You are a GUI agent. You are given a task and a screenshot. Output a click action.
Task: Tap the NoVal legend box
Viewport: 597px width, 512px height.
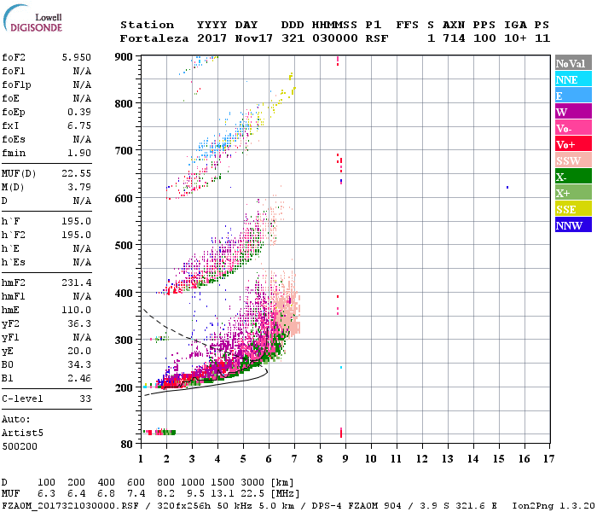tap(571, 63)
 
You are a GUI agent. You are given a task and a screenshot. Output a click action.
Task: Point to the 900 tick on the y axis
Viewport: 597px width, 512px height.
tap(125, 57)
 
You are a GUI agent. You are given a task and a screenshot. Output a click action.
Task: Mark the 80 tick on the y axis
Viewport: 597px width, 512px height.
tap(125, 444)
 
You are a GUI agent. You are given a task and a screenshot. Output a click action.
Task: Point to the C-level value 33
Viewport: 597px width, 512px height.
tap(84, 399)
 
